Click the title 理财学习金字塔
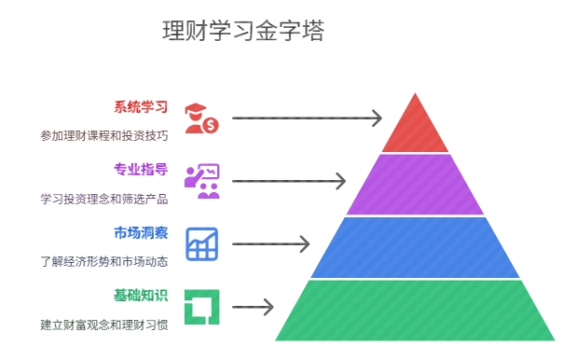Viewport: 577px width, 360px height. tap(243, 32)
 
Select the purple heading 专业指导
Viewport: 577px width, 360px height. tap(141, 169)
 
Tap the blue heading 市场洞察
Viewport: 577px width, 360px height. tap(141, 232)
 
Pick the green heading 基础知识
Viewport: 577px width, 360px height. tap(141, 296)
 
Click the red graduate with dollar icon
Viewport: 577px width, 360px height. tap(200, 118)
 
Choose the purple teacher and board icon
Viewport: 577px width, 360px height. tap(201, 181)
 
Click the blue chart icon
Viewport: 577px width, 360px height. tap(201, 243)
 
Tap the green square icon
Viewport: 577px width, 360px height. tap(200, 307)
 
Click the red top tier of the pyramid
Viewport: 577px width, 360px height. tap(415, 129)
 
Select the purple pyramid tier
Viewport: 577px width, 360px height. tap(415, 185)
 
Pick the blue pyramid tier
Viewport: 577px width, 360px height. tap(415, 247)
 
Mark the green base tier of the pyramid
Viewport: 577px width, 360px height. tap(415, 310)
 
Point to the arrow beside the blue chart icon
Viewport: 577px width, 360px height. tap(270, 244)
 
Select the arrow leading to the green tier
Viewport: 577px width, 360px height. tap(252, 307)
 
